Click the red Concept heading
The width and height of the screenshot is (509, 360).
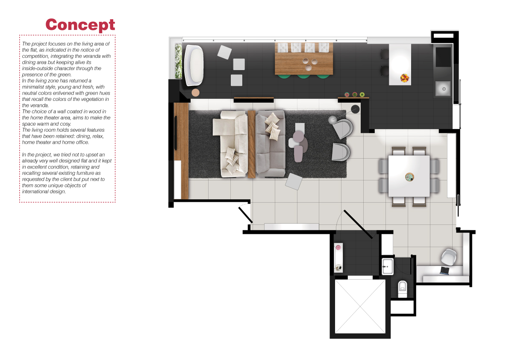[x=80, y=25]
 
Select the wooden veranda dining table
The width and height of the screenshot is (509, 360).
[x=304, y=59]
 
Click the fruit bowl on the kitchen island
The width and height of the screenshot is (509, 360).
[x=404, y=78]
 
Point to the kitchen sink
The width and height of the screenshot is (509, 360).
[x=443, y=89]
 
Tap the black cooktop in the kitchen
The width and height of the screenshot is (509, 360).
[x=443, y=57]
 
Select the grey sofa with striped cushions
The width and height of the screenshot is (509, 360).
[x=271, y=143]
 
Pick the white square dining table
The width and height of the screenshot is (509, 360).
[x=409, y=176]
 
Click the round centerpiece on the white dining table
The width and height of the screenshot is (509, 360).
[x=409, y=177]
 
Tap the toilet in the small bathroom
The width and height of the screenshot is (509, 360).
[x=402, y=288]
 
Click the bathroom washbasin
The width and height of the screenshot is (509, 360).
[x=387, y=266]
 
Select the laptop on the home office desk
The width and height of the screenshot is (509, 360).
[x=444, y=270]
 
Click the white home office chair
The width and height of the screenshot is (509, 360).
[x=449, y=257]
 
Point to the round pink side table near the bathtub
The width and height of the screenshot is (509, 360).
[x=195, y=92]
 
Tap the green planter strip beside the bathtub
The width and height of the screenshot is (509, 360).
[x=178, y=61]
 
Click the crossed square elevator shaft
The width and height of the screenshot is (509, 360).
[x=360, y=306]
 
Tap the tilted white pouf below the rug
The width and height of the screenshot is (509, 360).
[x=294, y=181]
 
